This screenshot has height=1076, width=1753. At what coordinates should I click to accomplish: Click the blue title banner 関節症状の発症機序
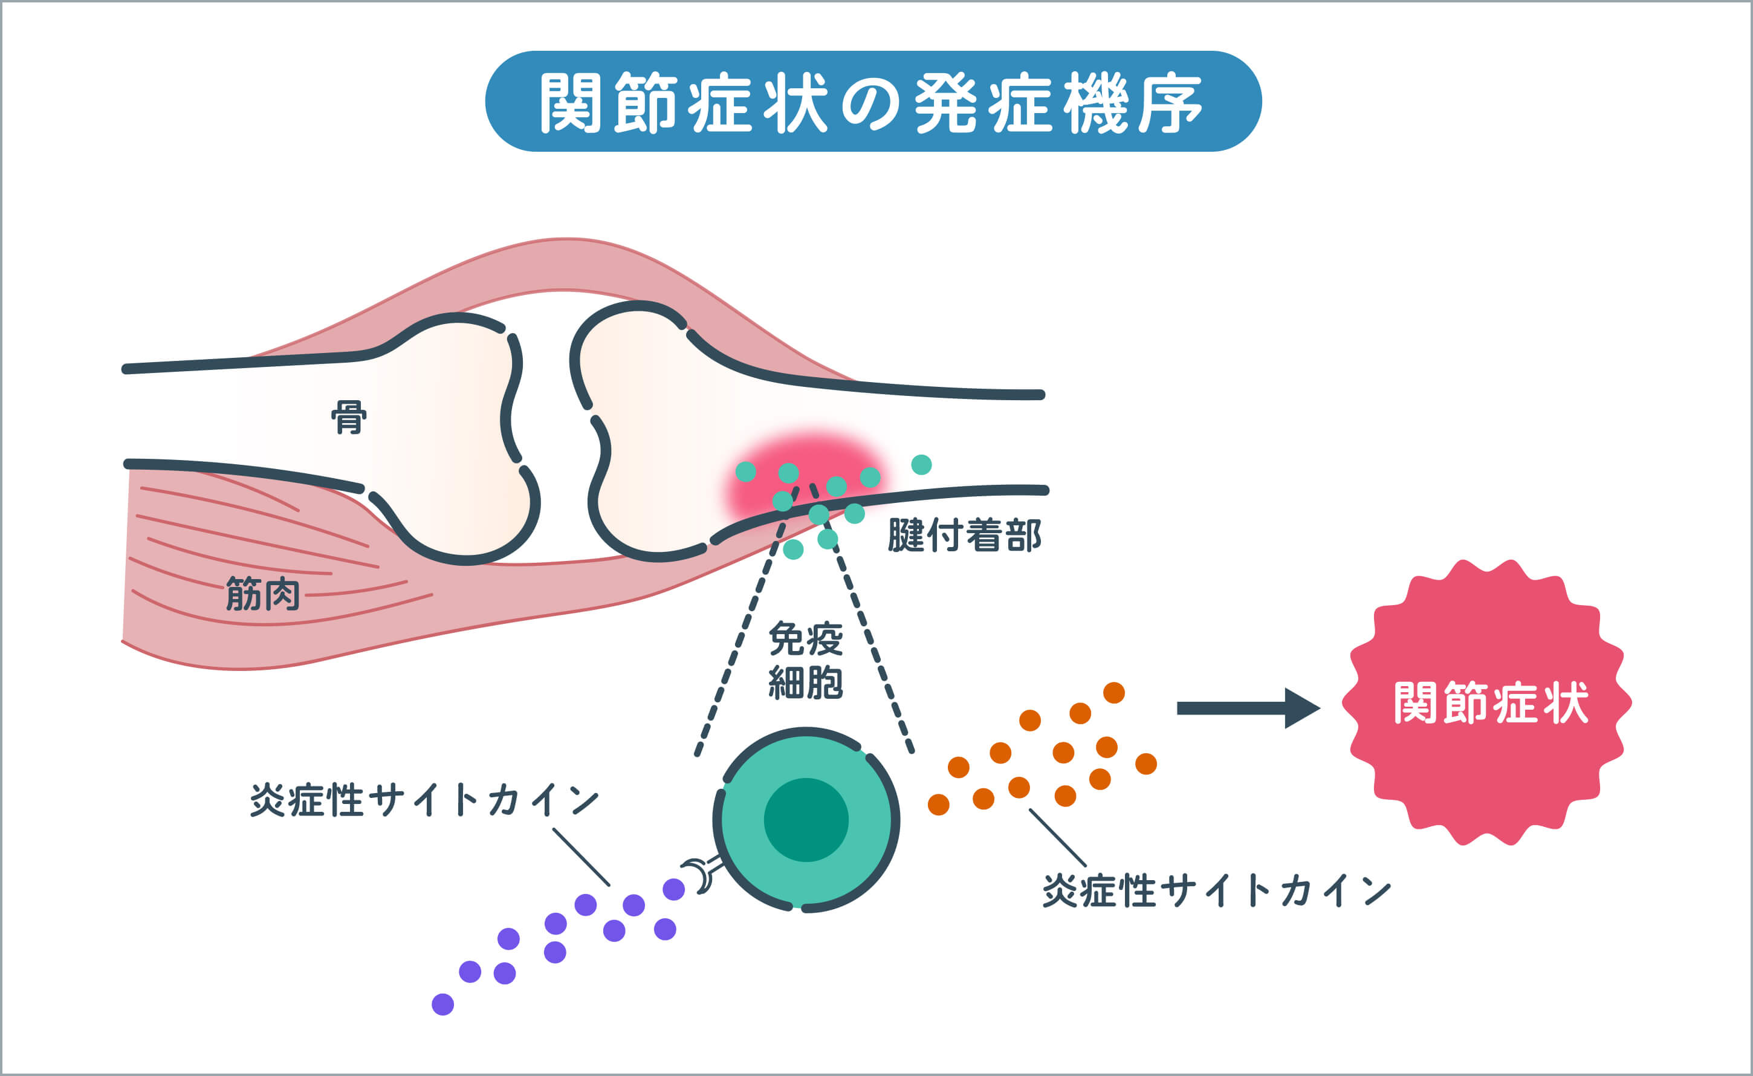[873, 101]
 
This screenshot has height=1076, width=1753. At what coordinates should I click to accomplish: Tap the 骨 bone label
[349, 418]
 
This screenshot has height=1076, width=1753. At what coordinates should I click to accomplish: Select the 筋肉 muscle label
[262, 594]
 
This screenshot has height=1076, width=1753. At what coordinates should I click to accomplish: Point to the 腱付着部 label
[964, 535]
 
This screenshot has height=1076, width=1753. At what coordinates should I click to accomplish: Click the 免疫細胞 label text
[805, 660]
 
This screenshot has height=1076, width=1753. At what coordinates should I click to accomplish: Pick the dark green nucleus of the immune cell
[806, 819]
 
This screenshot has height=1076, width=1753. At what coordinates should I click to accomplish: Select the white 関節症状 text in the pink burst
[1491, 703]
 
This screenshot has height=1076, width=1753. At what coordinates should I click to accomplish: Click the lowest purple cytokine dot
[442, 1004]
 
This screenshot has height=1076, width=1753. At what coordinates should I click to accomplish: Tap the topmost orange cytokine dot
[1114, 692]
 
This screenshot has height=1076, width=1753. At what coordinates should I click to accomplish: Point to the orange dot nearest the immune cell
[938, 804]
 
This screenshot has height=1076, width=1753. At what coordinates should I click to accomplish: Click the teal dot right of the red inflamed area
[921, 465]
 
